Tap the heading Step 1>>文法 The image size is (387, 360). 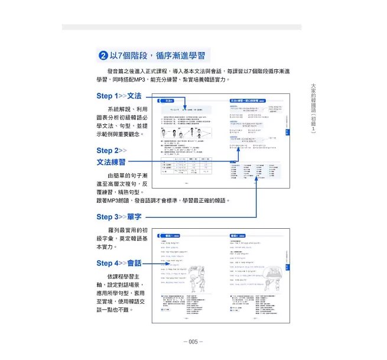click(x=119, y=95)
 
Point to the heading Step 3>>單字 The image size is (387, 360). click(x=119, y=217)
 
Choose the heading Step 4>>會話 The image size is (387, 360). click(x=119, y=263)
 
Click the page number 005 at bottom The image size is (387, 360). click(x=193, y=342)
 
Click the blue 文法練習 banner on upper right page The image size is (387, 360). click(x=249, y=101)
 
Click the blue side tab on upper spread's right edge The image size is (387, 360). click(x=288, y=132)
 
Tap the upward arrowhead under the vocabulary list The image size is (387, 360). click(x=256, y=185)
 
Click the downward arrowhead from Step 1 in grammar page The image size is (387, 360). click(x=185, y=107)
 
